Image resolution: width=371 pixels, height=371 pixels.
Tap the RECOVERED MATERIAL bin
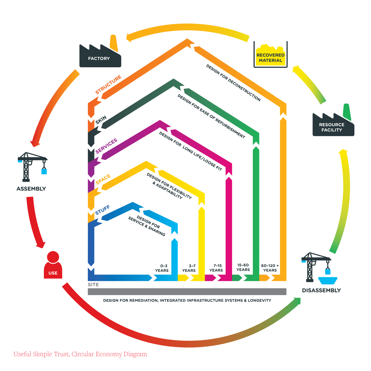pos(270,56)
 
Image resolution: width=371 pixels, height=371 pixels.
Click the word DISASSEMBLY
pos(321,290)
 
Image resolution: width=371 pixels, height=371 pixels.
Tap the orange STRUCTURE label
pos(108,85)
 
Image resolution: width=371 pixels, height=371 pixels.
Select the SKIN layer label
pos(101,120)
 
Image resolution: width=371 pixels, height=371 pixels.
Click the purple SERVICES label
pos(106,146)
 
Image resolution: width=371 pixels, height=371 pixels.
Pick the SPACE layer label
pos(103,179)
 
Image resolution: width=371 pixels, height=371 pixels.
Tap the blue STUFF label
pos(102,210)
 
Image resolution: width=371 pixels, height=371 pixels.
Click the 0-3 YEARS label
pos(162,268)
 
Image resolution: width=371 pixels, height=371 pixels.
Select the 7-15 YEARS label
pos(216,268)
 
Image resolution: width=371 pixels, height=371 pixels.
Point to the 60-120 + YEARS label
pos(270,268)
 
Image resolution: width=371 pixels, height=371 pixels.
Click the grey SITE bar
pos(187,292)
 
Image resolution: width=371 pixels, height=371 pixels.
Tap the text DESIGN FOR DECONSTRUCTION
pos(233,83)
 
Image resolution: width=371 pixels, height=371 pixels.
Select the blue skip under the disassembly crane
pos(328,280)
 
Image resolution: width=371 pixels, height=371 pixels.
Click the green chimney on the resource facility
pos(347,112)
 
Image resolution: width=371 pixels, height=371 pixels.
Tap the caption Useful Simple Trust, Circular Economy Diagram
pos(80,354)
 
